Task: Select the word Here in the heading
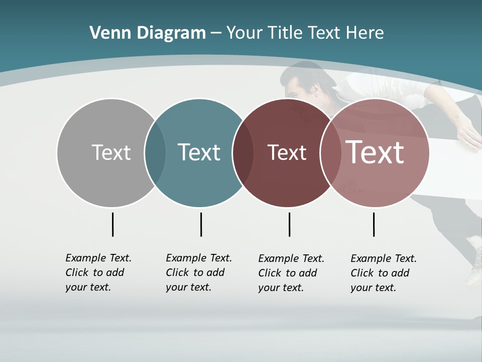[x=365, y=33]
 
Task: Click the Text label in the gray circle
[x=111, y=152]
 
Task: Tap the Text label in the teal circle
[x=199, y=152]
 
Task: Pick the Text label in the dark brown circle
[x=287, y=152]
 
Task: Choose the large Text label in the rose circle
[x=375, y=152]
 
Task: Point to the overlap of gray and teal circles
[x=155, y=152]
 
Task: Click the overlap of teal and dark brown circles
[x=243, y=152]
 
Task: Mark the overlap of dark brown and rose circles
[x=330, y=152]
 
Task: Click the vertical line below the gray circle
[x=112, y=224]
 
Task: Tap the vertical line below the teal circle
[x=201, y=224]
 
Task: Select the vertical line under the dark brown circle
[x=289, y=224]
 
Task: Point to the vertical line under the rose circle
[x=374, y=224]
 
